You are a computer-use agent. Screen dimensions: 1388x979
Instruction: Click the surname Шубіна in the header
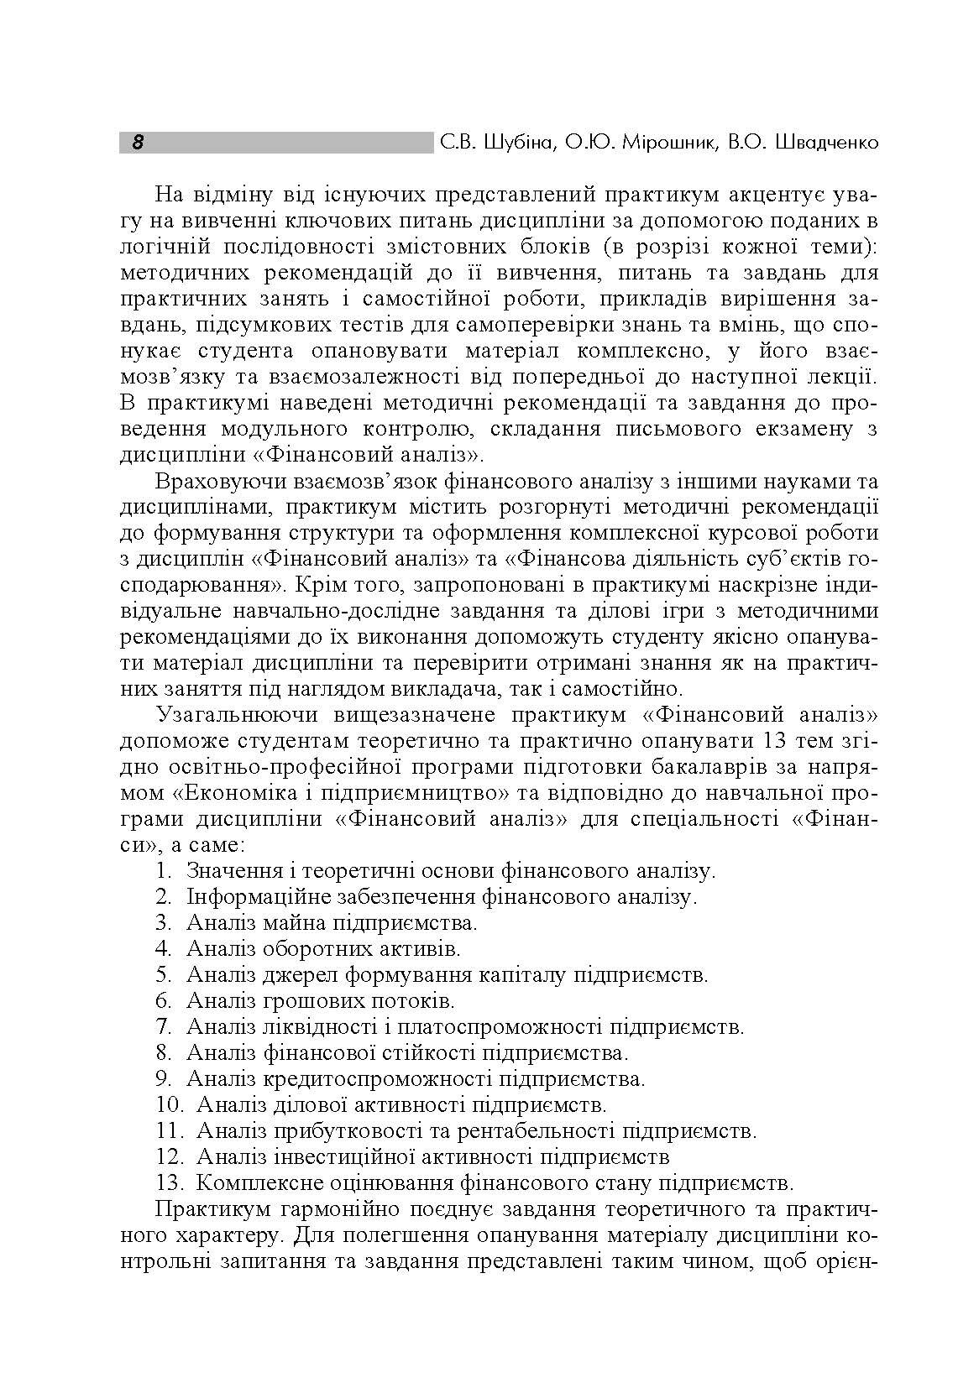[519, 143]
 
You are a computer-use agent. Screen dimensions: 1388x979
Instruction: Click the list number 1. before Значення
[164, 870]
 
